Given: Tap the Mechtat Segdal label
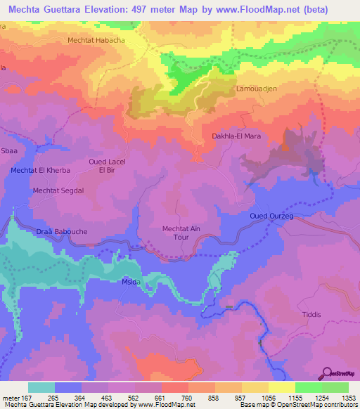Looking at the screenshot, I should (x=58, y=190).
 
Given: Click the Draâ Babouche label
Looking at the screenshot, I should (x=60, y=231).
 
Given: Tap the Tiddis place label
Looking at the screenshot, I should (x=310, y=316).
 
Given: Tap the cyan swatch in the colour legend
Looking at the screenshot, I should (x=41, y=387).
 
